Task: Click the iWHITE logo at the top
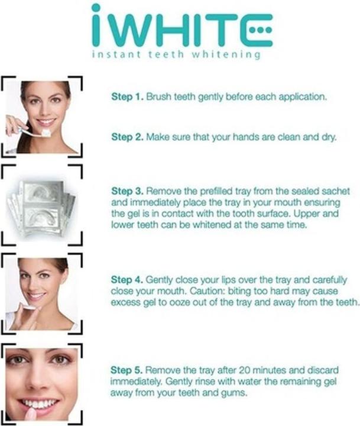(x=182, y=26)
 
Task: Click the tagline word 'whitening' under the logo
(x=226, y=54)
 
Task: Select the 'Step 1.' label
(x=127, y=96)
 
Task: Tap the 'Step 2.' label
(x=127, y=137)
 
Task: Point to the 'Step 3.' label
(x=127, y=191)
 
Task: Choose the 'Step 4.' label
(x=127, y=279)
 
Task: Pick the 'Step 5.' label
(x=127, y=370)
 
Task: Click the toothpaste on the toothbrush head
(x=46, y=133)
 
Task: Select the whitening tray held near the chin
(x=28, y=307)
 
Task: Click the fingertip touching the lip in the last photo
(x=30, y=412)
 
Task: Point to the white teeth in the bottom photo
(x=39, y=404)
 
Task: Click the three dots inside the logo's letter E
(x=260, y=30)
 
